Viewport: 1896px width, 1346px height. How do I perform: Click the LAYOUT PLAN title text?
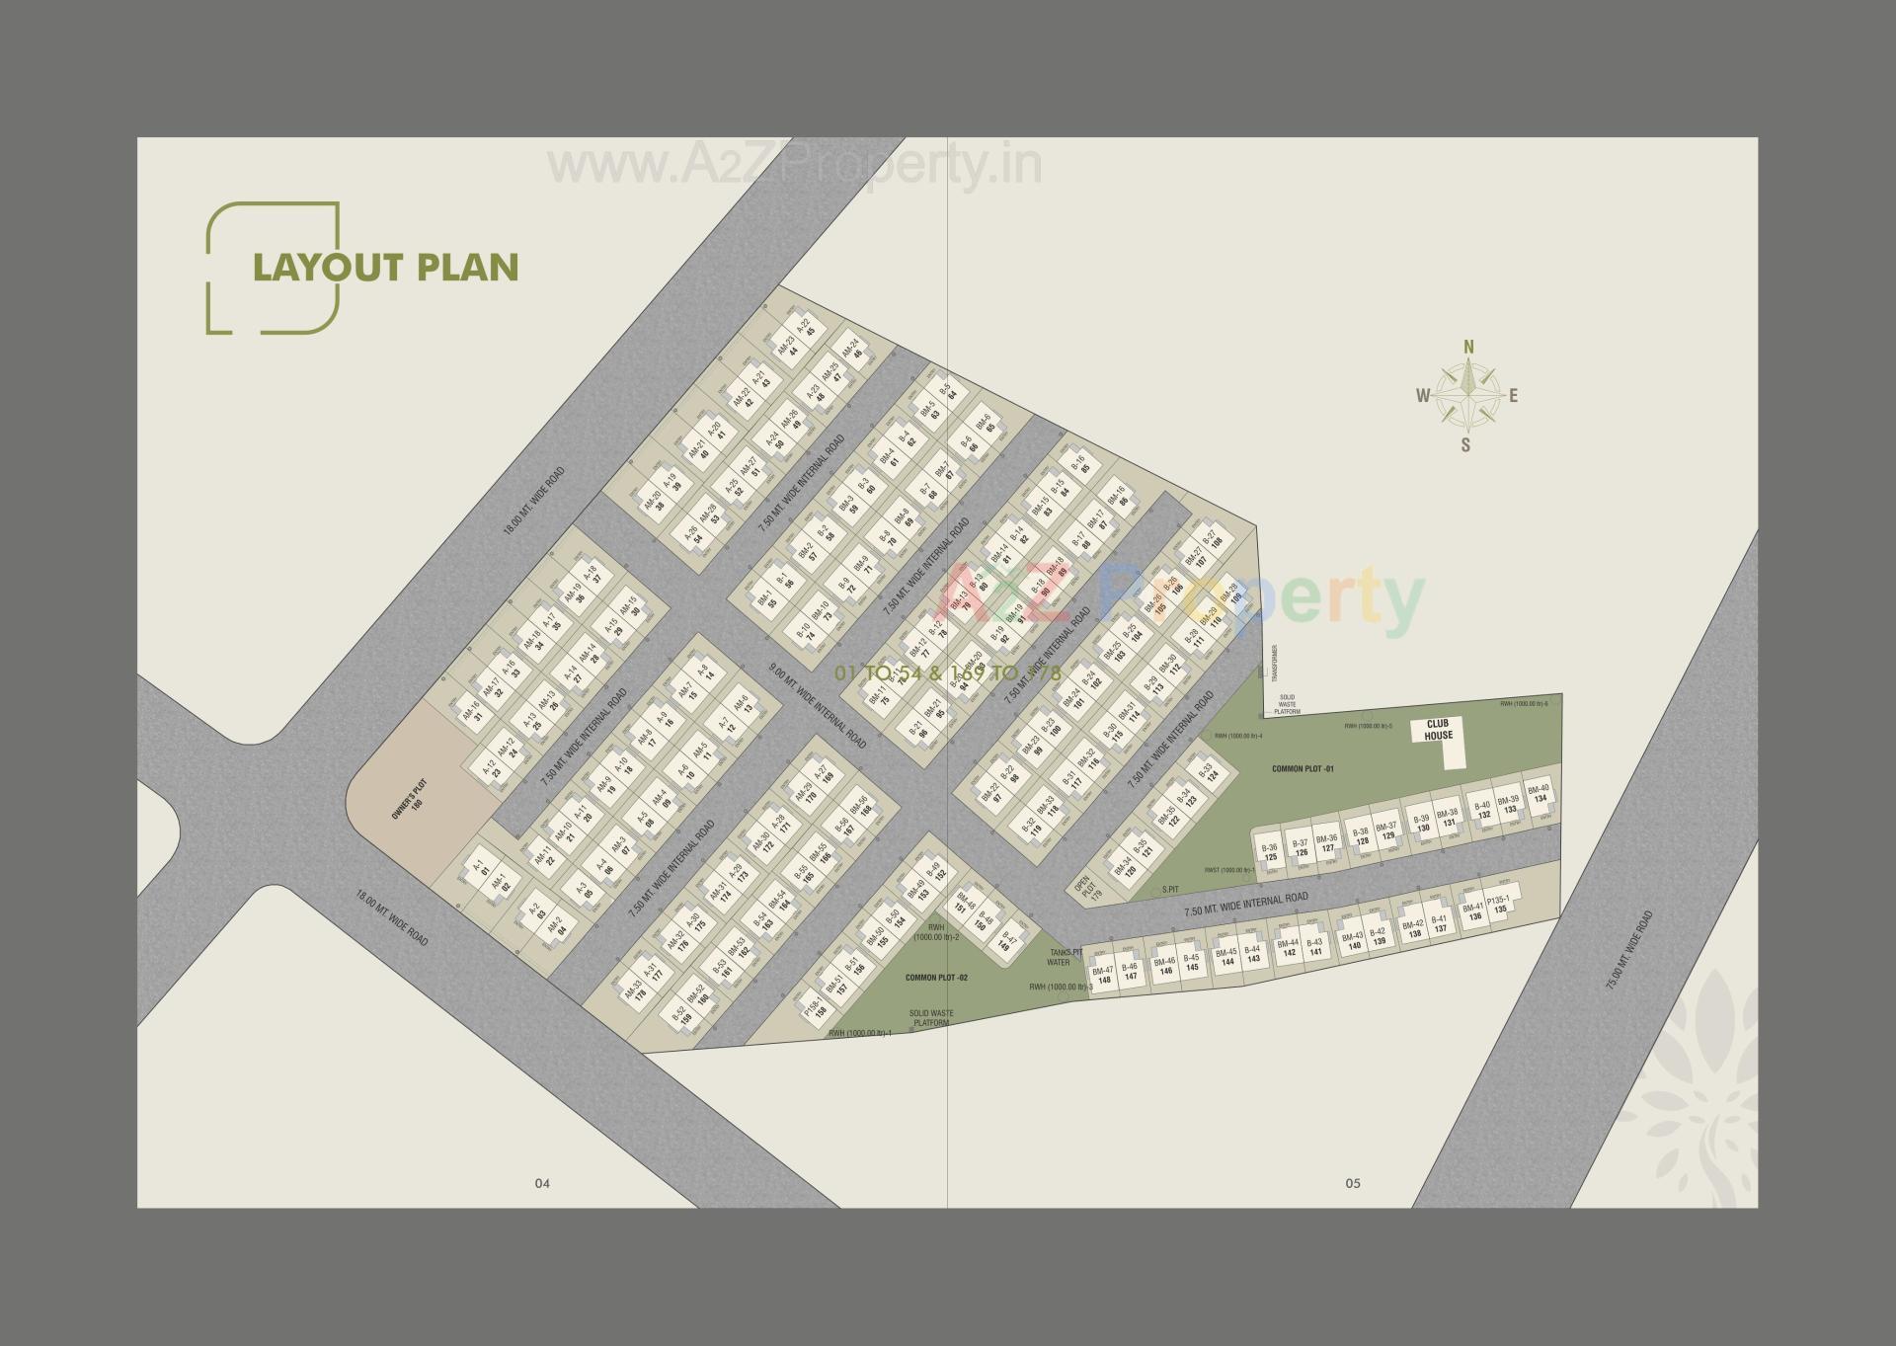pyautogui.click(x=385, y=268)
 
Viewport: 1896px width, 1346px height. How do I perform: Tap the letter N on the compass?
pyautogui.click(x=1468, y=347)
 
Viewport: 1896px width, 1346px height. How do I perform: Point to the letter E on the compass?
pyautogui.click(x=1513, y=397)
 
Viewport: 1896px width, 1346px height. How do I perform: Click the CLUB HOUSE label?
pyautogui.click(x=1438, y=729)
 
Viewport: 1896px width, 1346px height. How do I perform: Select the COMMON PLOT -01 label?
pyautogui.click(x=1303, y=768)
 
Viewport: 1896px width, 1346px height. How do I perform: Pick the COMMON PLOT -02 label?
pyautogui.click(x=936, y=978)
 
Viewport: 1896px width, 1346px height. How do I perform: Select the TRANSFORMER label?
pyautogui.click(x=1276, y=663)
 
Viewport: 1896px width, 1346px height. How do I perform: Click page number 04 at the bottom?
pyautogui.click(x=541, y=1183)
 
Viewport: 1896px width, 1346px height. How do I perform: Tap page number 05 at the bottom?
pyautogui.click(x=1352, y=1183)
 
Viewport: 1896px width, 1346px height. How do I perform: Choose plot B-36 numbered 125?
pyautogui.click(x=1271, y=852)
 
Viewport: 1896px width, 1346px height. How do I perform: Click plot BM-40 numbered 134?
pyautogui.click(x=1539, y=793)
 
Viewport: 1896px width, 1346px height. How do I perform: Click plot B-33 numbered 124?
pyautogui.click(x=1208, y=773)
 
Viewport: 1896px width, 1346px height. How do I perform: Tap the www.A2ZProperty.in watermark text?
pyautogui.click(x=795, y=166)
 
